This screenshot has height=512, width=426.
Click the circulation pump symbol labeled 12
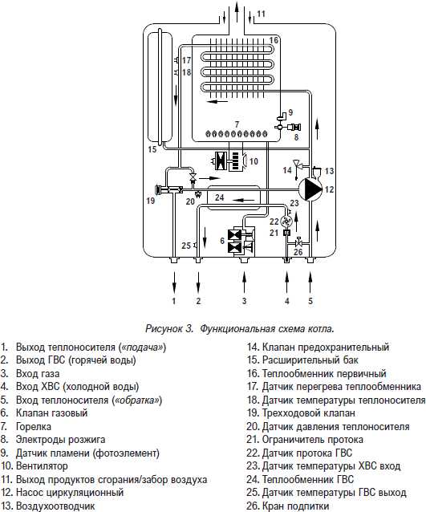(x=310, y=189)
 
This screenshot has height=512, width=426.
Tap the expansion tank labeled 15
(x=160, y=86)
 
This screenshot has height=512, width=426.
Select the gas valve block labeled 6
(x=241, y=242)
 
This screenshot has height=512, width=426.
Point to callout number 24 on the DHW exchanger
(x=220, y=197)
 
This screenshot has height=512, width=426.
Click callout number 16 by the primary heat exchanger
(x=274, y=40)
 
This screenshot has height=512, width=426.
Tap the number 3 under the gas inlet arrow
(x=244, y=301)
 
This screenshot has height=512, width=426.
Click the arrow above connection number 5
(x=310, y=282)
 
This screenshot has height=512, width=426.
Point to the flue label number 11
(x=262, y=14)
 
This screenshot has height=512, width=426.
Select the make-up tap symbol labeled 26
(x=298, y=242)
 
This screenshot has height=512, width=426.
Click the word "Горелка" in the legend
(x=34, y=426)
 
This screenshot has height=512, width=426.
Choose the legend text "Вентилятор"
(x=42, y=466)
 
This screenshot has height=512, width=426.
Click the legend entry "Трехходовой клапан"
(x=308, y=413)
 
